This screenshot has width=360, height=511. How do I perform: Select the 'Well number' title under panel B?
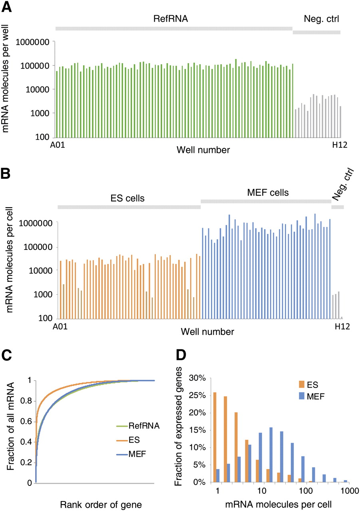(207, 332)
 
